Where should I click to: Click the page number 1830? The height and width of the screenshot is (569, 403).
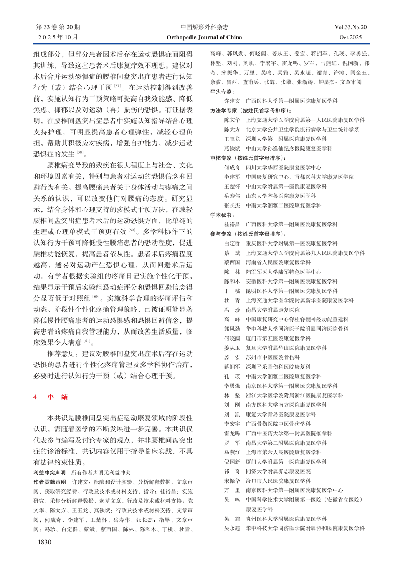(x=44, y=542)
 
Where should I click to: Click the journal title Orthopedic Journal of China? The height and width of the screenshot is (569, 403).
(x=204, y=38)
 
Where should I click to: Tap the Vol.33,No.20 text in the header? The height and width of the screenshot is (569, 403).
(x=350, y=27)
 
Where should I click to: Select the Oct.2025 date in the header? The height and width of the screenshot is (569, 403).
(x=350, y=38)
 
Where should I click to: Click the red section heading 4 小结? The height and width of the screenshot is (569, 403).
(x=51, y=397)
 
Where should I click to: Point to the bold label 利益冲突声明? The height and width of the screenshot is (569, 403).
(x=50, y=473)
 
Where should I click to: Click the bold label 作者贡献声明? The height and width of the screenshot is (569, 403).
(x=50, y=482)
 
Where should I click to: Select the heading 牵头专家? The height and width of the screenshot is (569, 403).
(x=222, y=92)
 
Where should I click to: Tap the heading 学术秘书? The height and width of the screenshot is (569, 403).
(x=222, y=215)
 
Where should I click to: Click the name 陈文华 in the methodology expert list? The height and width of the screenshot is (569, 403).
(x=232, y=120)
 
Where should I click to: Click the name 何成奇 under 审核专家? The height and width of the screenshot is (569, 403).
(x=232, y=167)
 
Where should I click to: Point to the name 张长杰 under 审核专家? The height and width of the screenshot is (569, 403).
(x=232, y=205)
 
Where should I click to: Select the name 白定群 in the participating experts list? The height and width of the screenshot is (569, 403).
(x=232, y=243)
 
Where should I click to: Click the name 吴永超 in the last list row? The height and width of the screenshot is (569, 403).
(x=232, y=528)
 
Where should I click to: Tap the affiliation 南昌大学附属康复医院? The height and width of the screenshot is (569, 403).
(x=273, y=310)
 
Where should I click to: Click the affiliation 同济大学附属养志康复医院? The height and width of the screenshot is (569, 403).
(x=278, y=471)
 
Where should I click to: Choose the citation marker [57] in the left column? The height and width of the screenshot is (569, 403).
(x=117, y=86)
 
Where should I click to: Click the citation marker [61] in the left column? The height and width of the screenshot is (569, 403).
(x=87, y=341)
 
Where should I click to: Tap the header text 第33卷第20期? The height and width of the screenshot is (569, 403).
(x=58, y=27)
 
